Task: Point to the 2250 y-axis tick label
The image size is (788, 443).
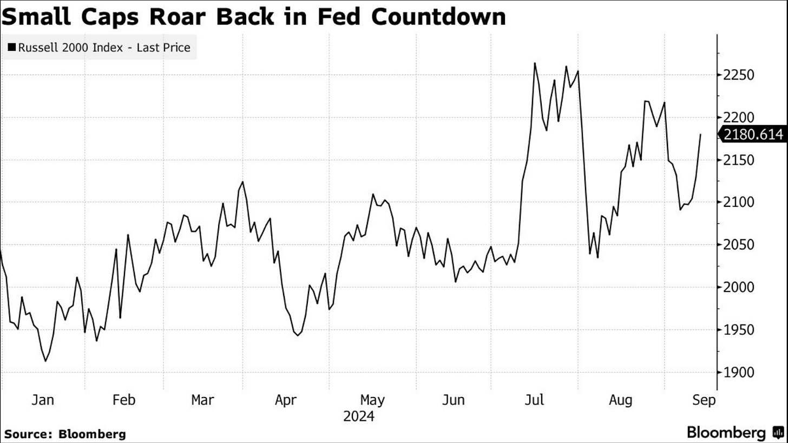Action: pyautogui.click(x=739, y=75)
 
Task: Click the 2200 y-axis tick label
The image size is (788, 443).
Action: pyautogui.click(x=739, y=118)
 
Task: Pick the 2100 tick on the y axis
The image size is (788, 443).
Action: pyautogui.click(x=739, y=203)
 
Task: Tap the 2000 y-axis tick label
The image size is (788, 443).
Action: pyautogui.click(x=739, y=288)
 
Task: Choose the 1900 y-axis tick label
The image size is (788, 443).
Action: pyautogui.click(x=739, y=373)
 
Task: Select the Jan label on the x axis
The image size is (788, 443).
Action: pyautogui.click(x=42, y=400)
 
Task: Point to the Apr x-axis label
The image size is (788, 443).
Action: pyautogui.click(x=286, y=400)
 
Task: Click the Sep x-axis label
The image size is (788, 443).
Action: pyautogui.click(x=704, y=400)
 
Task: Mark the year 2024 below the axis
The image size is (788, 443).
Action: pyautogui.click(x=359, y=416)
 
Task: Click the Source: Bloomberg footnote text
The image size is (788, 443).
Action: pyautogui.click(x=65, y=434)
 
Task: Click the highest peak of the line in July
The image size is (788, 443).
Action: pyautogui.click(x=535, y=63)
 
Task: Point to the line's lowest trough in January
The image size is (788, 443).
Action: pyautogui.click(x=45, y=361)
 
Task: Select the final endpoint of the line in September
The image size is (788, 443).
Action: pyautogui.click(x=701, y=134)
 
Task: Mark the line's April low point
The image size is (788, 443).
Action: pyautogui.click(x=298, y=336)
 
